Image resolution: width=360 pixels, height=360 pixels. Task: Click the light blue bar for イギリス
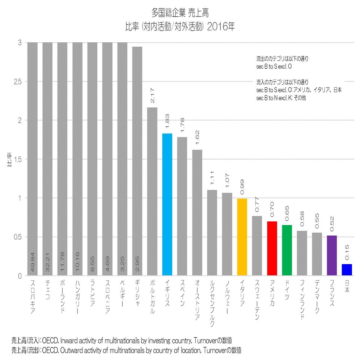click(x=167, y=204)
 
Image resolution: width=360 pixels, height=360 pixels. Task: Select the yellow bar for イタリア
click(x=242, y=237)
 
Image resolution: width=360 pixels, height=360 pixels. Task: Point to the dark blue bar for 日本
click(x=347, y=270)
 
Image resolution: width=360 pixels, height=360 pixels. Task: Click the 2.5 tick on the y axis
click(x=17, y=81)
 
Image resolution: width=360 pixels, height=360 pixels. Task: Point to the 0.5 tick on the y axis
click(x=17, y=237)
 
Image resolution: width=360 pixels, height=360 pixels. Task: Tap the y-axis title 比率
click(x=9, y=159)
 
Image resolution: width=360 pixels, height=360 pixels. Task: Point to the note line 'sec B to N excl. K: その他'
click(x=281, y=98)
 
